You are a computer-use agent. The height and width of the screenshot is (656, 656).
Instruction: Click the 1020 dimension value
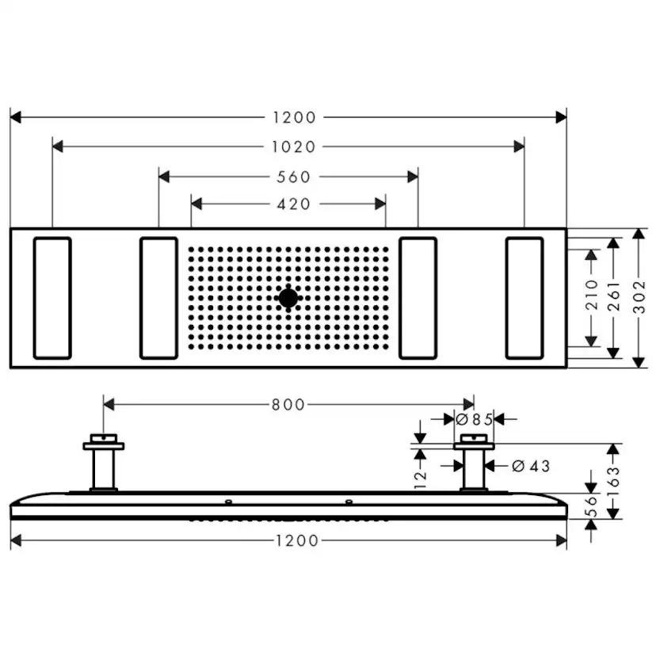tap(293, 147)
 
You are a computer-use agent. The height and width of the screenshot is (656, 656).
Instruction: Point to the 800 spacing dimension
tap(288, 405)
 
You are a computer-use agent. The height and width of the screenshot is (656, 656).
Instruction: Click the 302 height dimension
tap(639, 298)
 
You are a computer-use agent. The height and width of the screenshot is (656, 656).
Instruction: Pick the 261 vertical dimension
tap(612, 298)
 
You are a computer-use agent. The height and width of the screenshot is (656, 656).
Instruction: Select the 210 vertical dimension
tap(591, 298)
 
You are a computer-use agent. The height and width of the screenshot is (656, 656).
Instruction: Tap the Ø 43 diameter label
tap(531, 466)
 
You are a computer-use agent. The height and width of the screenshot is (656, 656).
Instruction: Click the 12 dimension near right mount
tap(420, 476)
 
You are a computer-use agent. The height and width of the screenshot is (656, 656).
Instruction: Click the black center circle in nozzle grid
tap(288, 298)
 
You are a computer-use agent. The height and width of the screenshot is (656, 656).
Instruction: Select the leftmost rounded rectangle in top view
tap(52, 298)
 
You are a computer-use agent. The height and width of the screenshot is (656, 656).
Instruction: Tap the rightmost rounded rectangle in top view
tap(524, 298)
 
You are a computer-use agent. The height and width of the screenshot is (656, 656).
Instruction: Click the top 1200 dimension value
tap(294, 117)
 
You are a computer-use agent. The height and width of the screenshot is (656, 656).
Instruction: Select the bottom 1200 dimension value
tap(294, 540)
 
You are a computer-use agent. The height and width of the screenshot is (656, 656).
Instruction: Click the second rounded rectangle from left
tap(158, 298)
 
